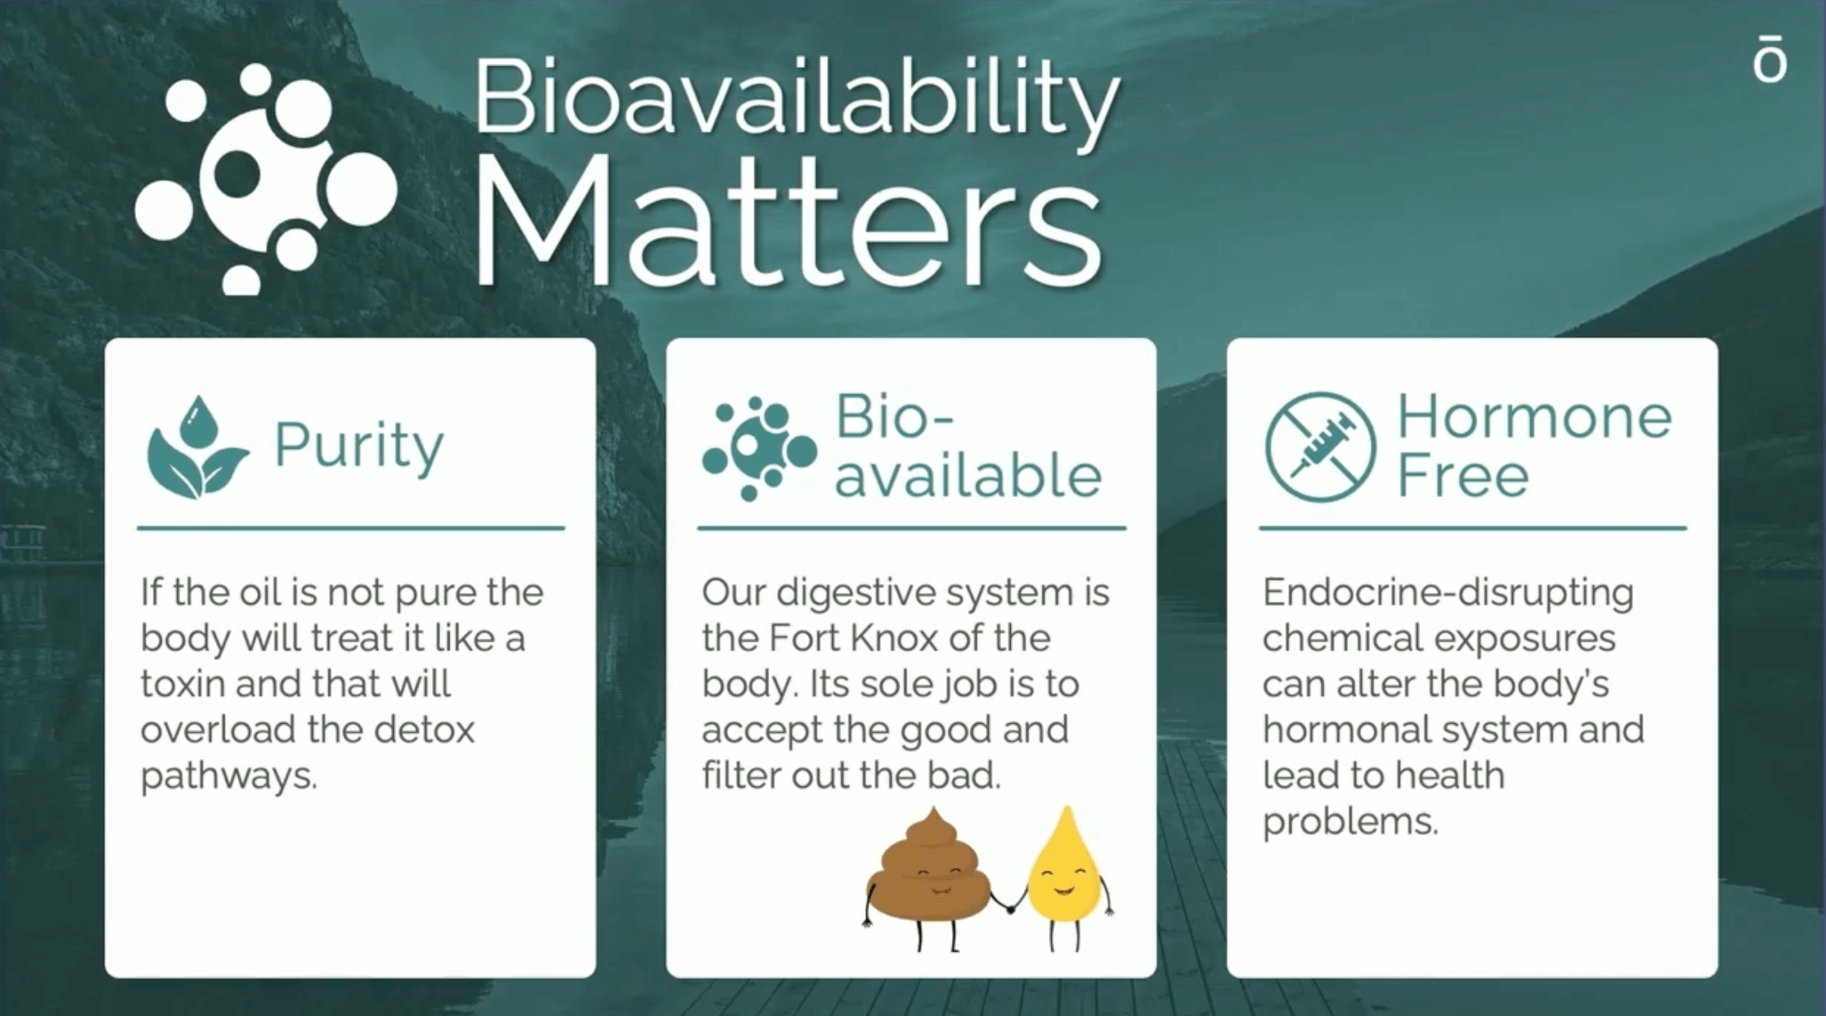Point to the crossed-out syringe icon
point(1321,447)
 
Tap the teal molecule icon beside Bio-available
point(759,449)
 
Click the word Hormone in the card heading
point(1534,417)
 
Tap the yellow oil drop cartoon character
point(1066,877)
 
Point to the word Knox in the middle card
point(894,638)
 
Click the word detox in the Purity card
point(425,730)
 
